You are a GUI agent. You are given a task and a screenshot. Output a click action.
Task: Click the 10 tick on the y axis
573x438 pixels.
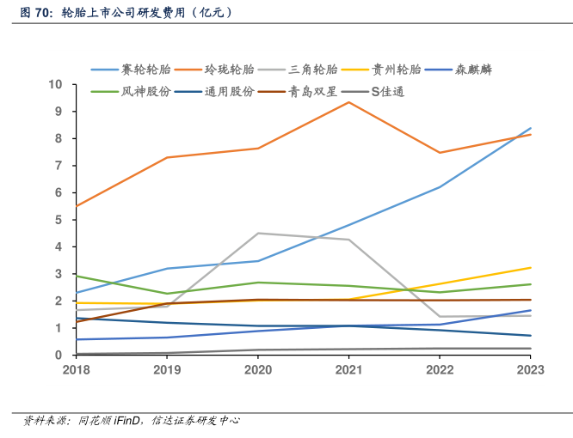[57, 84]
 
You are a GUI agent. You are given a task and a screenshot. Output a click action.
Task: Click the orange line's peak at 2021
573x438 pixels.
[348, 102]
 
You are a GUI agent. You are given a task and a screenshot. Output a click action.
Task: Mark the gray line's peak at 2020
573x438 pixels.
[258, 233]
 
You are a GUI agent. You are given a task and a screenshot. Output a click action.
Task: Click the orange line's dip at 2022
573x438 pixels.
[440, 153]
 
